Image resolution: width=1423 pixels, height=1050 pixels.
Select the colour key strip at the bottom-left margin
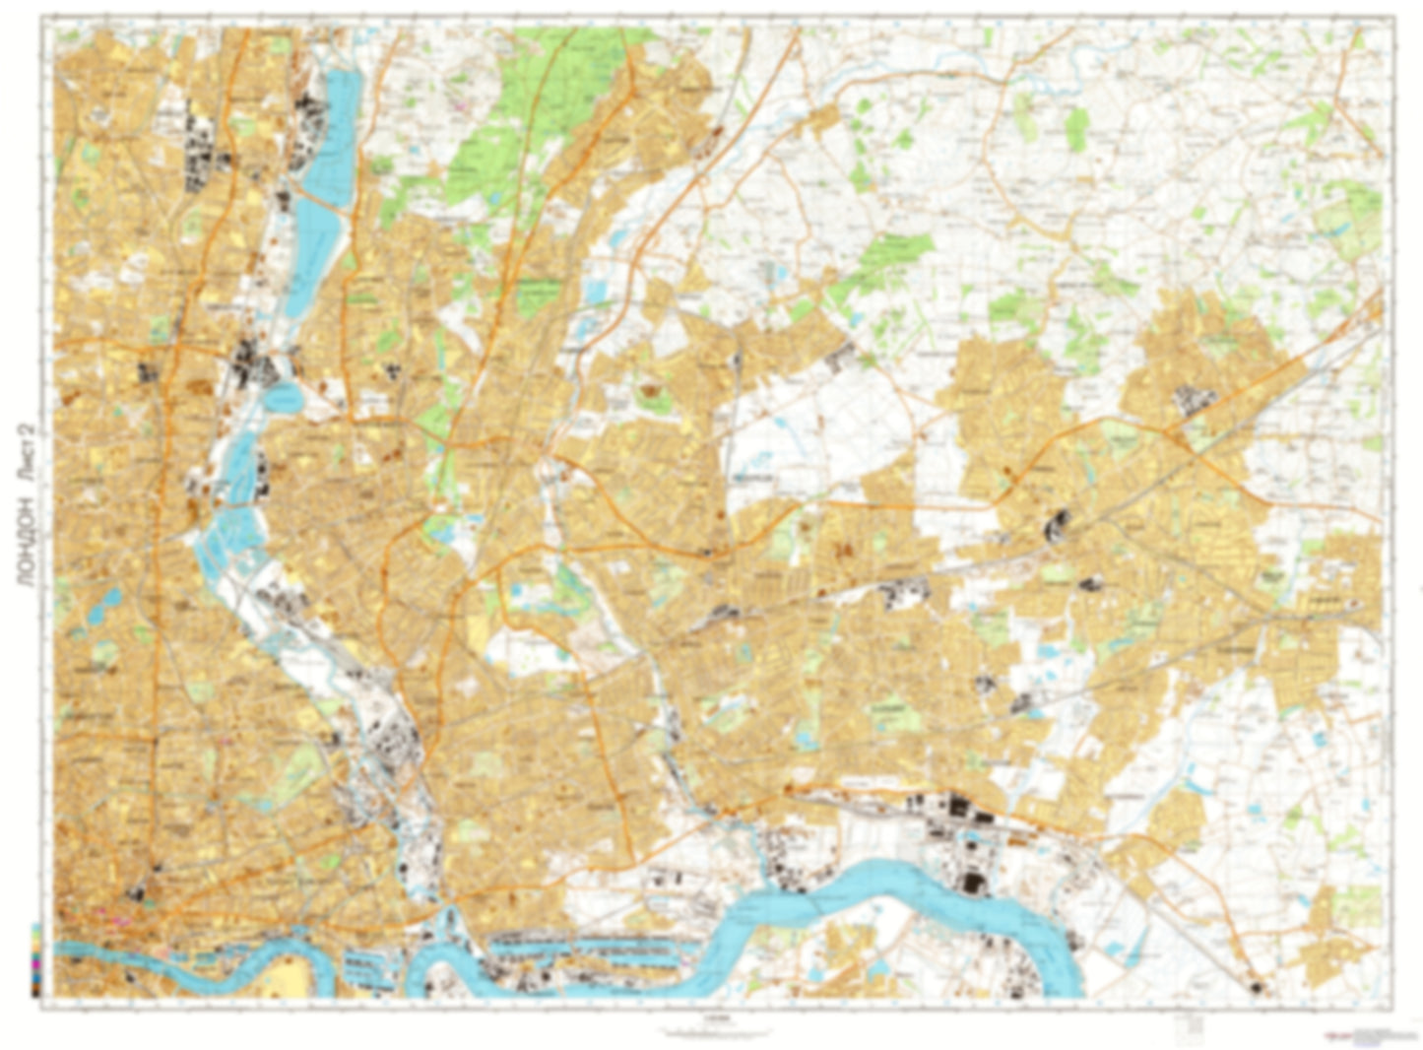pyautogui.click(x=36, y=960)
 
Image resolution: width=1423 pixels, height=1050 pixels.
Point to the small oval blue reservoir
pyautogui.click(x=284, y=398)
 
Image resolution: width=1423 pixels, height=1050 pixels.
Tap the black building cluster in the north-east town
pyautogui.click(x=1194, y=399)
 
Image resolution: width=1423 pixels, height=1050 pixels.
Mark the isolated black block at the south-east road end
pyautogui.click(x=1256, y=987)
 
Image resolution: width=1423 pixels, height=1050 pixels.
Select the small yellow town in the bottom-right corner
pyautogui.click(x=1329, y=946)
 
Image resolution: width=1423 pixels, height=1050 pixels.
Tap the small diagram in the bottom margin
pyautogui.click(x=1194, y=1026)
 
